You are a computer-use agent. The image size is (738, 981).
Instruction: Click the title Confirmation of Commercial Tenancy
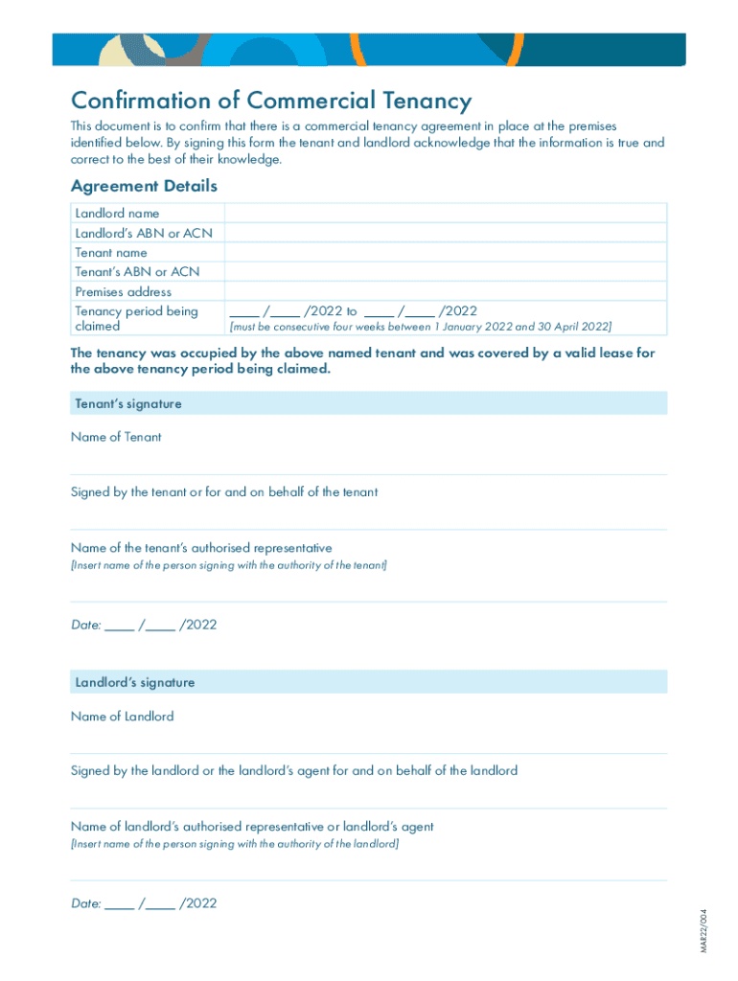point(271,101)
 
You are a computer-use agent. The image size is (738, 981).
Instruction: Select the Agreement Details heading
point(144,186)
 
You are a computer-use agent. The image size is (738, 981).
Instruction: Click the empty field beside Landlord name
point(445,214)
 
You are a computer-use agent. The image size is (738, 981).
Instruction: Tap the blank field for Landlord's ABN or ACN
point(445,233)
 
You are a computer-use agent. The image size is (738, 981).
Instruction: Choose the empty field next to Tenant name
point(445,253)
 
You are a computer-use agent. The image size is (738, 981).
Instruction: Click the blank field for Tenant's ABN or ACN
point(445,272)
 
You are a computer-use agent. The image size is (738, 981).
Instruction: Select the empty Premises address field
point(445,291)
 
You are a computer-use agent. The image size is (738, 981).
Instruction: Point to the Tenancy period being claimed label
point(136,318)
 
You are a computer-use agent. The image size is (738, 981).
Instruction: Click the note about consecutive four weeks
point(420,327)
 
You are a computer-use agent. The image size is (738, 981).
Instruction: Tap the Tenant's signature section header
point(128,404)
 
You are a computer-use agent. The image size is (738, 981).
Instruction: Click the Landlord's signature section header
point(134,683)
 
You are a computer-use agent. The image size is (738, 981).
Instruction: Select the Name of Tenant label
point(116,437)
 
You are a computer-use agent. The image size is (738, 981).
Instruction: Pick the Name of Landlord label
point(122,717)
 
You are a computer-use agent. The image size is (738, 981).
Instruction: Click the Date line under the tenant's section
point(144,626)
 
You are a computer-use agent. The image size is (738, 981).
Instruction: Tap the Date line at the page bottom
point(144,903)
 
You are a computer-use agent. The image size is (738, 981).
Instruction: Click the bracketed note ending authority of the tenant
point(229,565)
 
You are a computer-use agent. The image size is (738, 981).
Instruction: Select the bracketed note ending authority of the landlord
point(235,844)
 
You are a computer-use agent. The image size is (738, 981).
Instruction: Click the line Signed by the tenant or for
point(224,492)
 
